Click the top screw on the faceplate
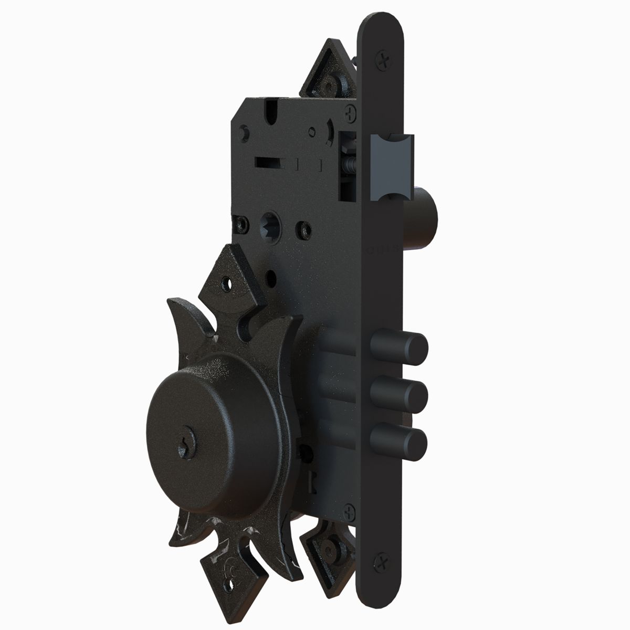[x=384, y=61]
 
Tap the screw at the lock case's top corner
[x=351, y=111]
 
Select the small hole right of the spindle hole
[x=302, y=229]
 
